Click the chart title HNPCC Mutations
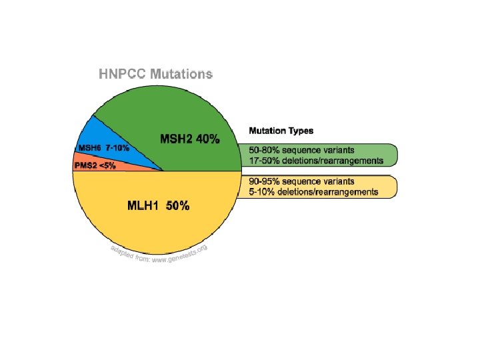click(x=156, y=74)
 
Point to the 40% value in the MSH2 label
click(x=208, y=139)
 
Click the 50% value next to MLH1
click(x=178, y=206)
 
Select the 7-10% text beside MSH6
click(x=117, y=148)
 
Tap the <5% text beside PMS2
click(x=107, y=166)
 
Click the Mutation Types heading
click(x=281, y=131)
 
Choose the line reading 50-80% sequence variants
click(x=301, y=150)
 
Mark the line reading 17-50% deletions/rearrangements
click(x=316, y=161)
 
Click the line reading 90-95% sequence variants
click(x=301, y=181)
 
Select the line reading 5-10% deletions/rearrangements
click(x=313, y=192)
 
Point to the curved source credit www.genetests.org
click(x=181, y=255)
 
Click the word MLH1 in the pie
click(x=143, y=206)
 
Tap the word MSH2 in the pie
click(x=176, y=139)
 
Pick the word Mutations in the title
click(x=181, y=74)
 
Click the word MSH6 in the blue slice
click(x=90, y=148)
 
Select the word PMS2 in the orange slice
click(x=86, y=166)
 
